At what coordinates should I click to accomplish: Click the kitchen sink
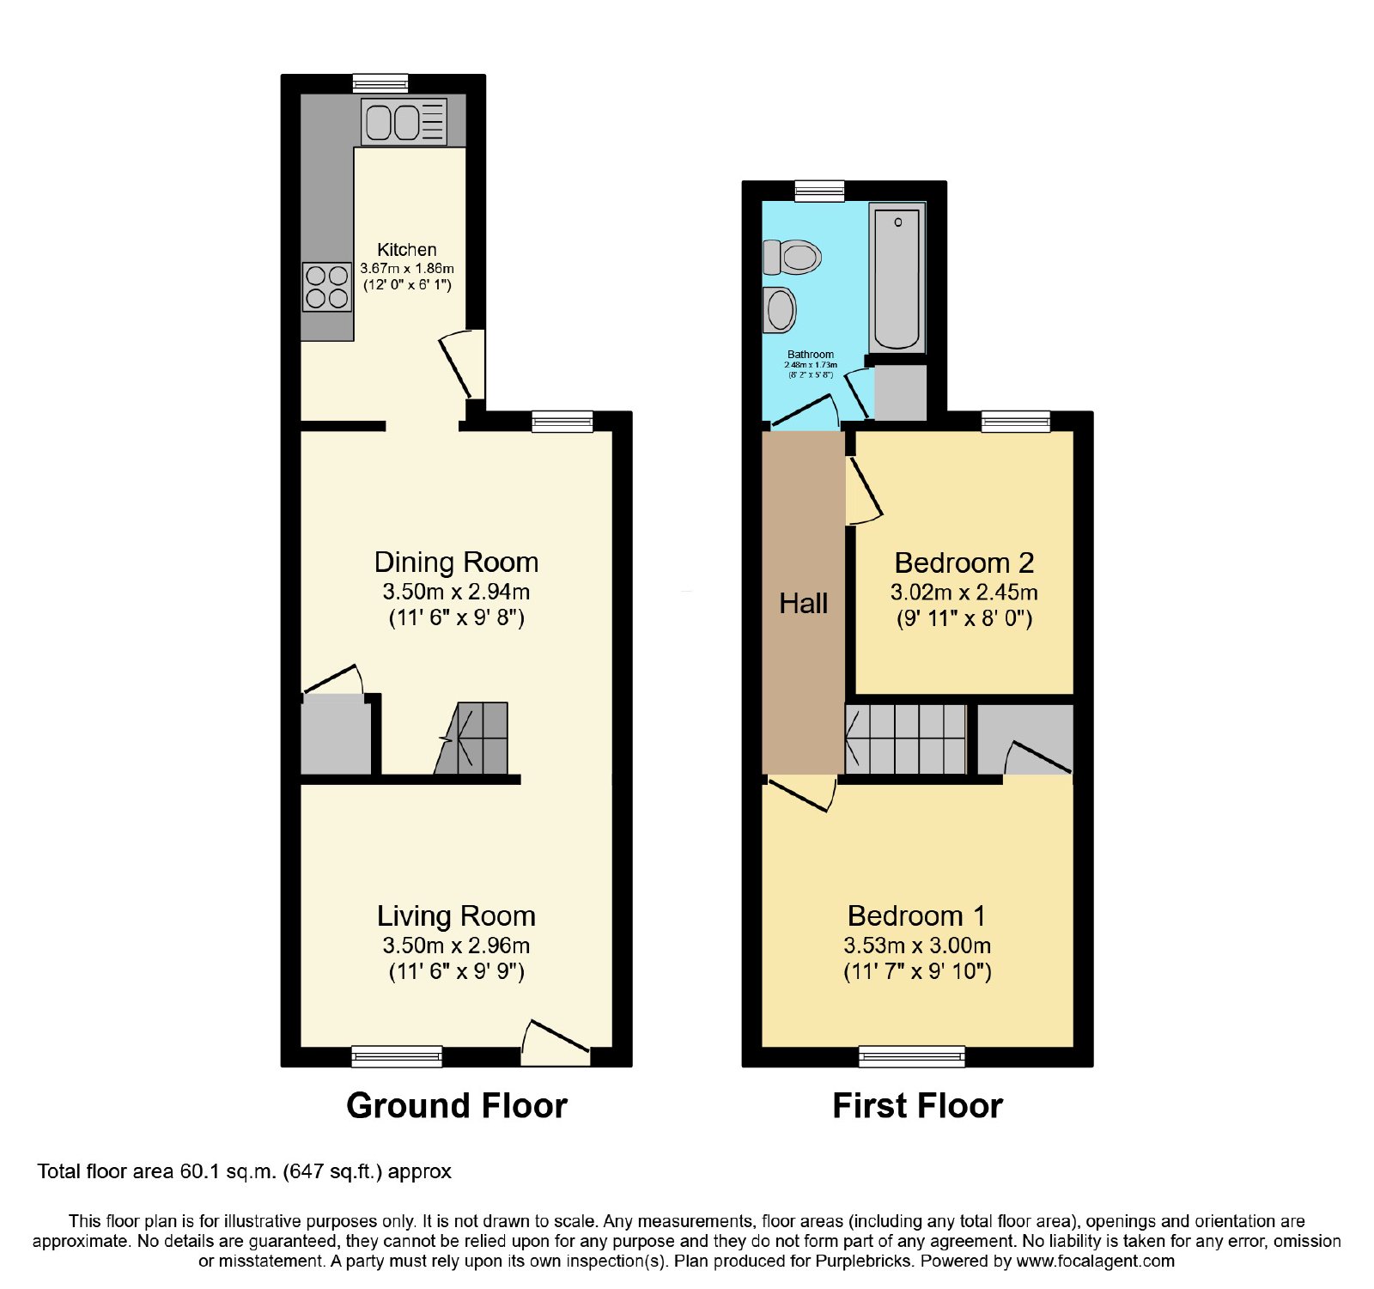tap(404, 121)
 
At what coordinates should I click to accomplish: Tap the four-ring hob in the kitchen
tap(327, 287)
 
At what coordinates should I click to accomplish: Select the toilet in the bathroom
tap(792, 256)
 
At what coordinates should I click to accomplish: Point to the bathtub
tap(897, 277)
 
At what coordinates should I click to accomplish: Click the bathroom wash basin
tap(780, 309)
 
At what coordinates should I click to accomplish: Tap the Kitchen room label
tap(407, 250)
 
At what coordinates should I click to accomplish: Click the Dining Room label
tap(457, 562)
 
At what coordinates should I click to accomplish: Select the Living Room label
tap(457, 916)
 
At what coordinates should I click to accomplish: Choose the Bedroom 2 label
tap(964, 563)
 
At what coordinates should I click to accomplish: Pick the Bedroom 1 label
tap(917, 916)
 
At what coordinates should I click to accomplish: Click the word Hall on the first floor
tap(804, 604)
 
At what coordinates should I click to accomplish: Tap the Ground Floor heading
tap(457, 1106)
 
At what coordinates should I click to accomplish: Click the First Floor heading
tap(918, 1106)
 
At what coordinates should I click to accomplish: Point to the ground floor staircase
tap(471, 739)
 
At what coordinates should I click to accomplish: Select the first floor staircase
tap(906, 739)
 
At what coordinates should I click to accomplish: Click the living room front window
tap(397, 1056)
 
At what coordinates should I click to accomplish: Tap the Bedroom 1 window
tap(912, 1056)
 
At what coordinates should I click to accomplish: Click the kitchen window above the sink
tap(380, 84)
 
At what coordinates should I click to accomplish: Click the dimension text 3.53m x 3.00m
tap(917, 945)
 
